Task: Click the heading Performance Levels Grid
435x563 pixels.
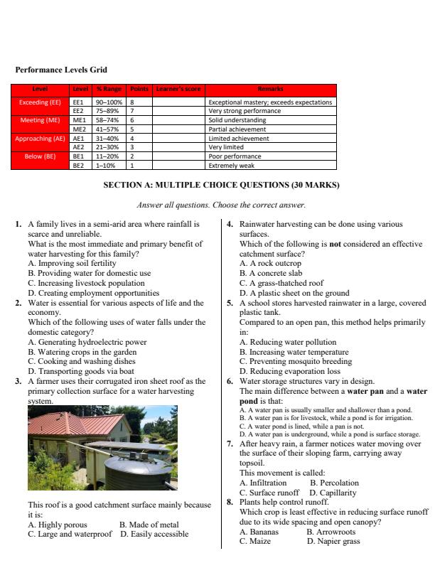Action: coord(61,70)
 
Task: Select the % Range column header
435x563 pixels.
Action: coord(109,89)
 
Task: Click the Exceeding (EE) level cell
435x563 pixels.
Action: coord(41,102)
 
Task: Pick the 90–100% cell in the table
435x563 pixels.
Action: coord(109,102)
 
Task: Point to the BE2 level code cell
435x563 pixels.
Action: coord(79,165)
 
